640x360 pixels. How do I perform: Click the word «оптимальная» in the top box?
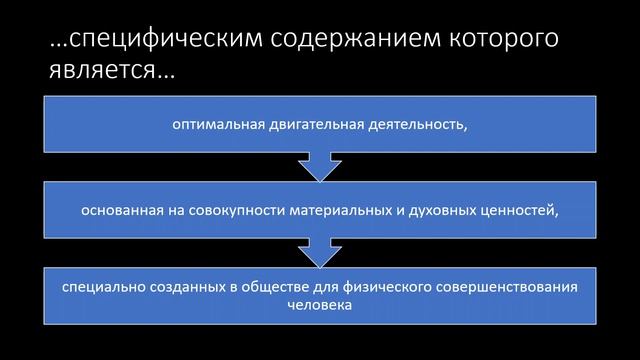211,126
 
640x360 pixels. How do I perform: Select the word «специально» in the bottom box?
97,288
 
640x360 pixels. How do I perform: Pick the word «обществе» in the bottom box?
264,288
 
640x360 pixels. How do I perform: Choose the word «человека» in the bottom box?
319,305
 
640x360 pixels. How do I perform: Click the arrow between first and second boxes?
319,166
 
